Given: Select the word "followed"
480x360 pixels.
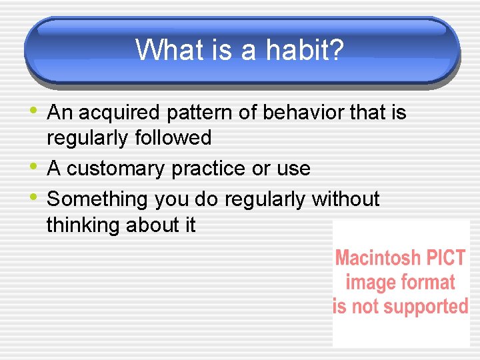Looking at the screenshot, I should pos(173,138).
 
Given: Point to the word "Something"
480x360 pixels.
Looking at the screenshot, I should pos(97,199).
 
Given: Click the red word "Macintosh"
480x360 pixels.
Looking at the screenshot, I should pos(377,258).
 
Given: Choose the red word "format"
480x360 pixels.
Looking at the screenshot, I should pos(427,283).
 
